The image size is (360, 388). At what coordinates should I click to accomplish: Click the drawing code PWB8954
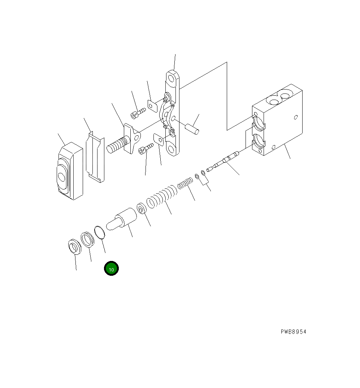(293, 332)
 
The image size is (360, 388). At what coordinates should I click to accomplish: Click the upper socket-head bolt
(137, 113)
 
